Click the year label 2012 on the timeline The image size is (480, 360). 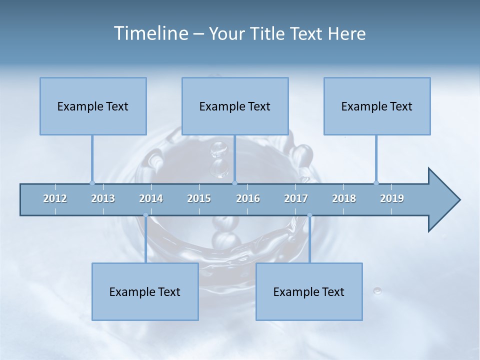[55, 198]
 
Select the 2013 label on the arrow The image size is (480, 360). [103, 198]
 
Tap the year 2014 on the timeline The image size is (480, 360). [151, 198]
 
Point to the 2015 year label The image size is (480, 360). [199, 198]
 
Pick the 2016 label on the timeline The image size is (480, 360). [248, 198]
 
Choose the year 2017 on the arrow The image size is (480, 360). [296, 198]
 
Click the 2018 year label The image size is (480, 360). [344, 198]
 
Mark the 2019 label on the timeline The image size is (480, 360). [392, 198]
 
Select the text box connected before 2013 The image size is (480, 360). [93, 106]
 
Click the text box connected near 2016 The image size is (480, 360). [235, 106]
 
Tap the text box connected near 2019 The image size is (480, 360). [377, 106]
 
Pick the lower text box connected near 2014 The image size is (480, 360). [145, 291]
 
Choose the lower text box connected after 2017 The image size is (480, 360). [309, 291]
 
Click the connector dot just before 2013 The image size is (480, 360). [92, 183]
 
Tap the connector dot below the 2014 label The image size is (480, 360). [145, 215]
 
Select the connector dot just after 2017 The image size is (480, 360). [309, 215]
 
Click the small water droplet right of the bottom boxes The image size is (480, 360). [377, 290]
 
